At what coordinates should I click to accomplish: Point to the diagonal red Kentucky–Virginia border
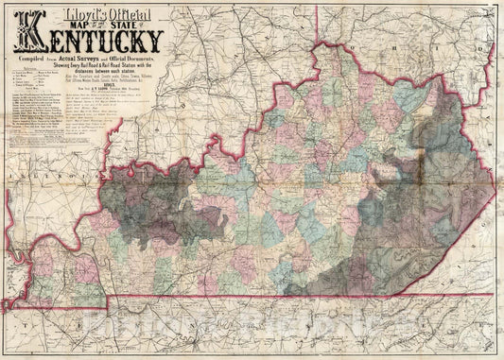coord(444,236)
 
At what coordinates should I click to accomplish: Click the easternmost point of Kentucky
coord(495,189)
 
